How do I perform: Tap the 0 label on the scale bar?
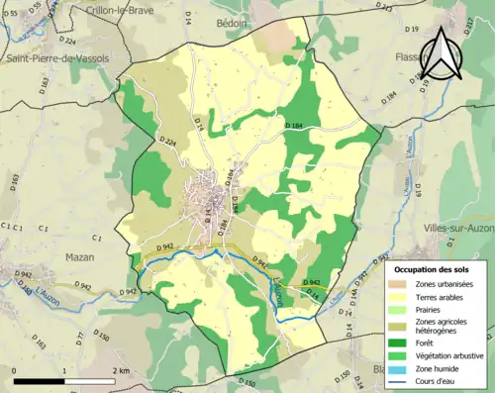pos(15,370)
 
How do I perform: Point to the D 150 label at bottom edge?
pos(247,382)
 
